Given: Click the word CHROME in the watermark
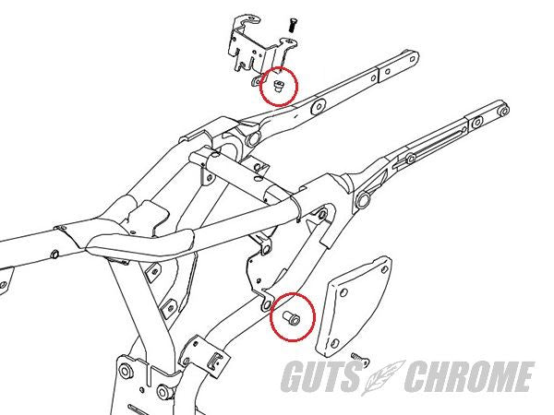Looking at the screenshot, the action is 469,376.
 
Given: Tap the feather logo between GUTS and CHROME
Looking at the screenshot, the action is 383,377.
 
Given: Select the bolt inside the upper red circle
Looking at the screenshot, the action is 279,86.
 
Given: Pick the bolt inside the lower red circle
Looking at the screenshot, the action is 292,318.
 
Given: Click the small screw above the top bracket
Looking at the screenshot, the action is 293,25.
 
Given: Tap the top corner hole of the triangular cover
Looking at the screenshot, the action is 384,269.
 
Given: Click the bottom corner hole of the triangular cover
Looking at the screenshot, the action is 334,342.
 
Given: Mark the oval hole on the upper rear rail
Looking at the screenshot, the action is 319,107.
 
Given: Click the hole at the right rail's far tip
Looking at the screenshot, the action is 503,112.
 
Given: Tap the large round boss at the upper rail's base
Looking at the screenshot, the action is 252,139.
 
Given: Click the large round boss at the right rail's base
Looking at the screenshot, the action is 363,200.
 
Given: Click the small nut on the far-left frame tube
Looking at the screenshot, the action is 54,254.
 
